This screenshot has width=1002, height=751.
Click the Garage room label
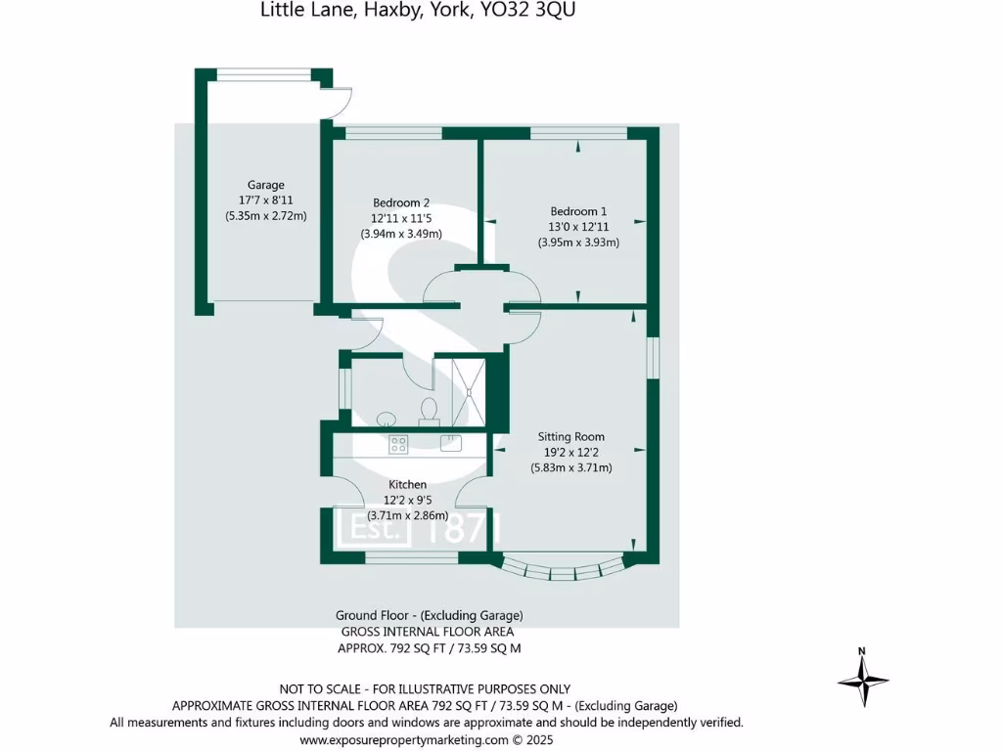tap(265, 185)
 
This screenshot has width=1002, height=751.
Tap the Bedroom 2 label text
tap(401, 203)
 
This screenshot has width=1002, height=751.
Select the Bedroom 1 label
tap(578, 211)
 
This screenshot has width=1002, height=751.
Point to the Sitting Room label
tap(571, 437)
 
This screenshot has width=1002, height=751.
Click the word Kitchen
tap(408, 485)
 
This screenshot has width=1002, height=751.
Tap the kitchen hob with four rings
tap(398, 444)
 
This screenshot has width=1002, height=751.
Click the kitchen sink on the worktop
tap(450, 443)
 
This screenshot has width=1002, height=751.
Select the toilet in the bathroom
tap(428, 409)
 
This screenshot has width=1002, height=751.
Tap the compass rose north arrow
tap(862, 677)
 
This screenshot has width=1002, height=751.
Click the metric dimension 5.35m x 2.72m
tap(265, 216)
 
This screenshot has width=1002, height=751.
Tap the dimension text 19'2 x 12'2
tap(571, 452)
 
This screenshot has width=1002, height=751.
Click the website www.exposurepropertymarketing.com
tap(404, 740)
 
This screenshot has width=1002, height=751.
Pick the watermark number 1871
tap(465, 529)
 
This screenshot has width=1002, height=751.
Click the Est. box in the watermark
tap(373, 529)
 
